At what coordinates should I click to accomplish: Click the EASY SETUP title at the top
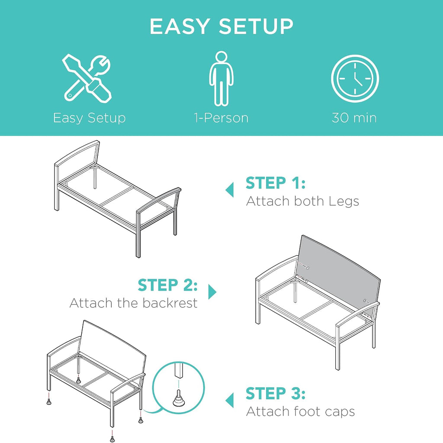coord(221,26)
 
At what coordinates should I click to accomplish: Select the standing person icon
coord(221,79)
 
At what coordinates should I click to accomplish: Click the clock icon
coord(355,79)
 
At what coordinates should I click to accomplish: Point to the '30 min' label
coord(354,118)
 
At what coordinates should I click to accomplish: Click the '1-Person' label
coord(221,118)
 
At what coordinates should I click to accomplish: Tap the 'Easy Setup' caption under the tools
coord(89,118)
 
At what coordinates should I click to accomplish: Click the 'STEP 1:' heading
coord(276,183)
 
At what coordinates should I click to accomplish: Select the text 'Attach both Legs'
coord(302,201)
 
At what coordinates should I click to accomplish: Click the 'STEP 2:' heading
coord(167,285)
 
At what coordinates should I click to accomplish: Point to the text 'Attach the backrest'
coord(133,303)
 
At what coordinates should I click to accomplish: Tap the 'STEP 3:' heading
coord(276,393)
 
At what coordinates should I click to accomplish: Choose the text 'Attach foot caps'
coord(300,411)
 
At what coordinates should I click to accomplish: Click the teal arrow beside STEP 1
coord(230,190)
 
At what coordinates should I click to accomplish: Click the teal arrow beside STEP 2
coord(212,292)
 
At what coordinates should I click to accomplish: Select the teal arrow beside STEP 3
coord(230,400)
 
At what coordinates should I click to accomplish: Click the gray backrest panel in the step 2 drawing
coord(339,272)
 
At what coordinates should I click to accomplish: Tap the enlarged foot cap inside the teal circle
coord(178,398)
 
